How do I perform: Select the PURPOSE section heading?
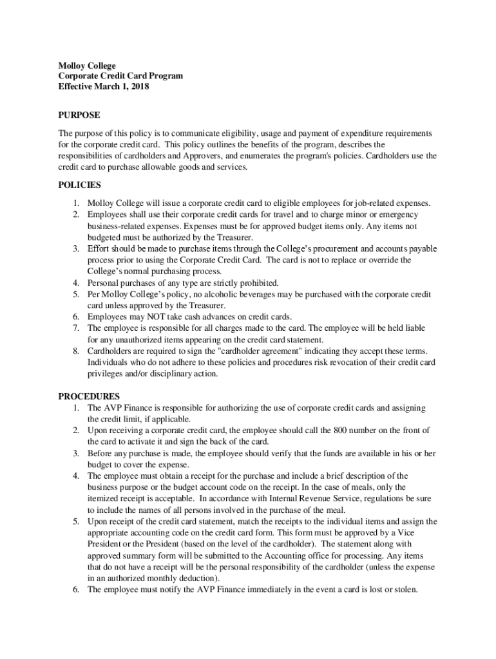[x=79, y=115]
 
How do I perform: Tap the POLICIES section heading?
[x=80, y=185]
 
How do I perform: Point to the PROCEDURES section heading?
[x=89, y=396]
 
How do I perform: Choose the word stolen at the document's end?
[x=405, y=589]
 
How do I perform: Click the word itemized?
[x=104, y=499]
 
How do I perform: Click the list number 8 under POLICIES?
[x=75, y=351]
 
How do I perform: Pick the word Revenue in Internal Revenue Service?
[x=321, y=499]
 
